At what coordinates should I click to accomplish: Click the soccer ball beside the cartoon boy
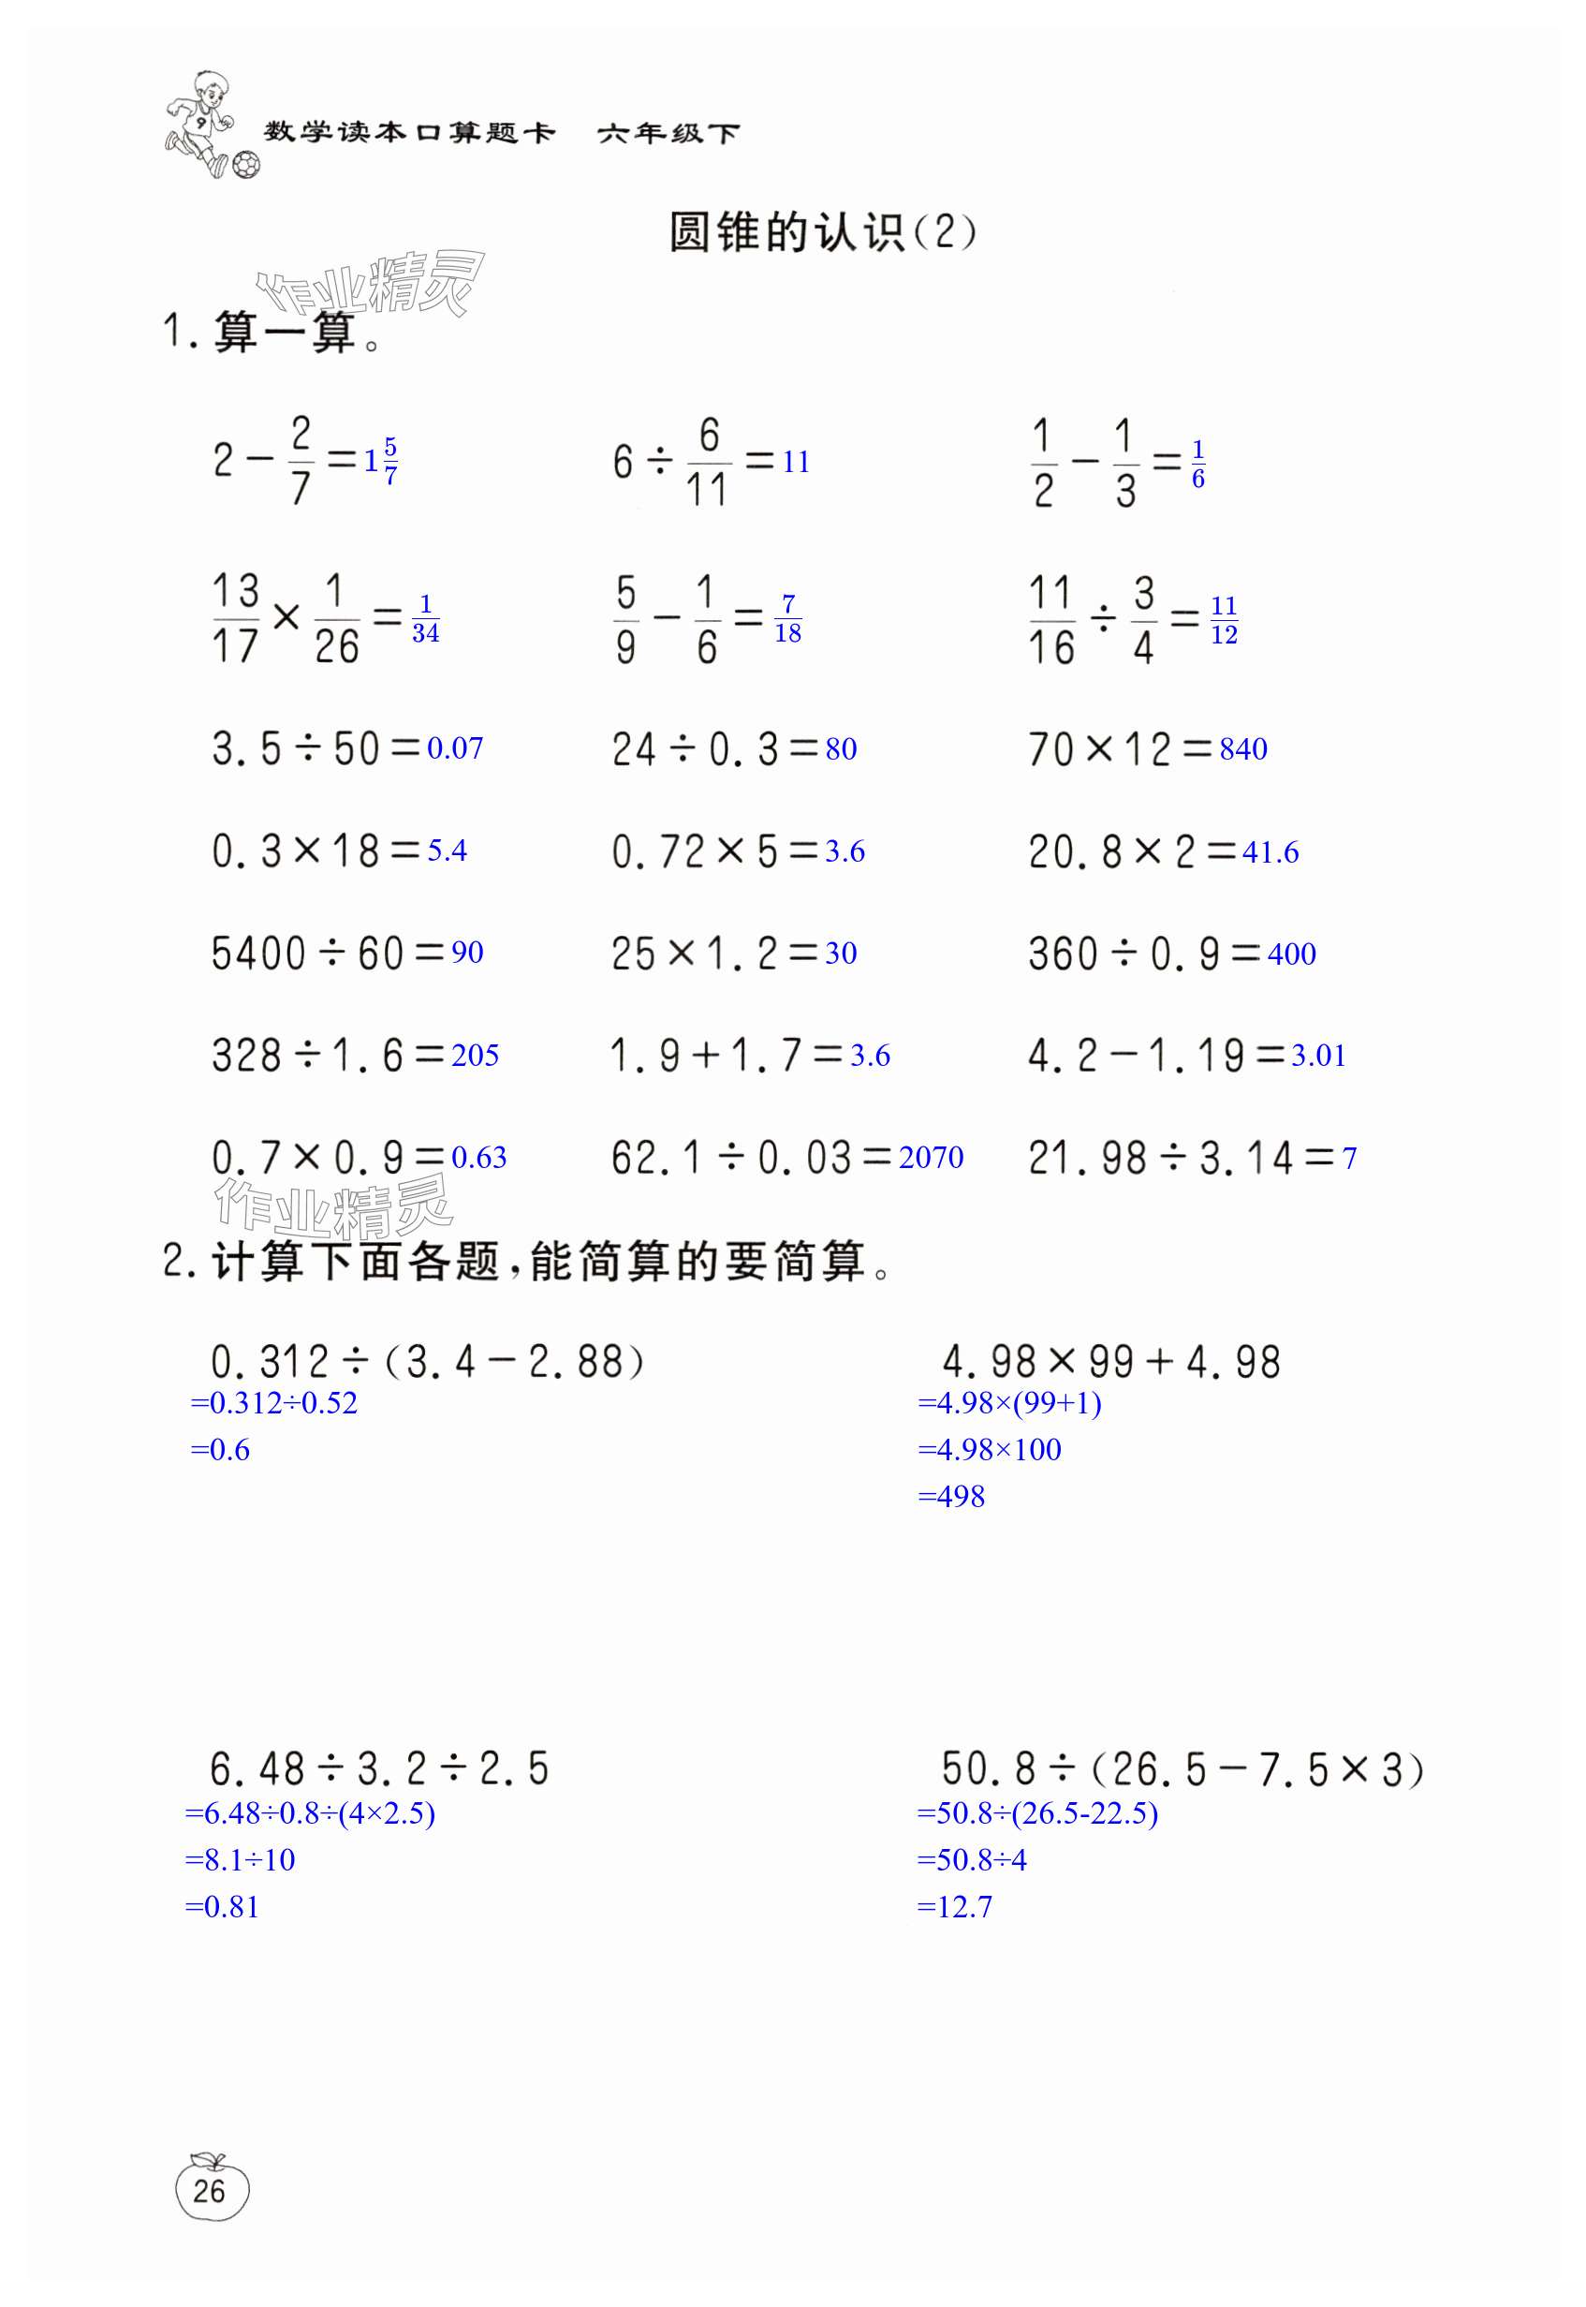(245, 164)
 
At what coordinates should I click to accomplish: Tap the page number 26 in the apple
(210, 2190)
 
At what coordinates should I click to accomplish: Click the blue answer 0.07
(455, 747)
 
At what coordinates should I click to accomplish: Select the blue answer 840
(1243, 748)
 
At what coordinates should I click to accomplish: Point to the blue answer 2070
(932, 1157)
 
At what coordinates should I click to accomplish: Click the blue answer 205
(475, 1055)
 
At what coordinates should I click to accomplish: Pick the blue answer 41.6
(1270, 851)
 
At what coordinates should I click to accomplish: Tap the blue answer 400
(1292, 954)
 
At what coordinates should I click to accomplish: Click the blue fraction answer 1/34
(425, 618)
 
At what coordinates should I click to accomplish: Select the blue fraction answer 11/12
(1224, 619)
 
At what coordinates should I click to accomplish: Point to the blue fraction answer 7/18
(788, 618)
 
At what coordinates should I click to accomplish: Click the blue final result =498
(951, 1496)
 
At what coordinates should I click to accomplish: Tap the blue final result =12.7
(954, 1906)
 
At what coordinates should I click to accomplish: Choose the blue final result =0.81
(222, 1906)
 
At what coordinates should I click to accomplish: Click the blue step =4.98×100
(989, 1449)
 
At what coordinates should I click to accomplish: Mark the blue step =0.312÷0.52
(273, 1402)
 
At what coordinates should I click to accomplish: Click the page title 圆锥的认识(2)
(822, 232)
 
